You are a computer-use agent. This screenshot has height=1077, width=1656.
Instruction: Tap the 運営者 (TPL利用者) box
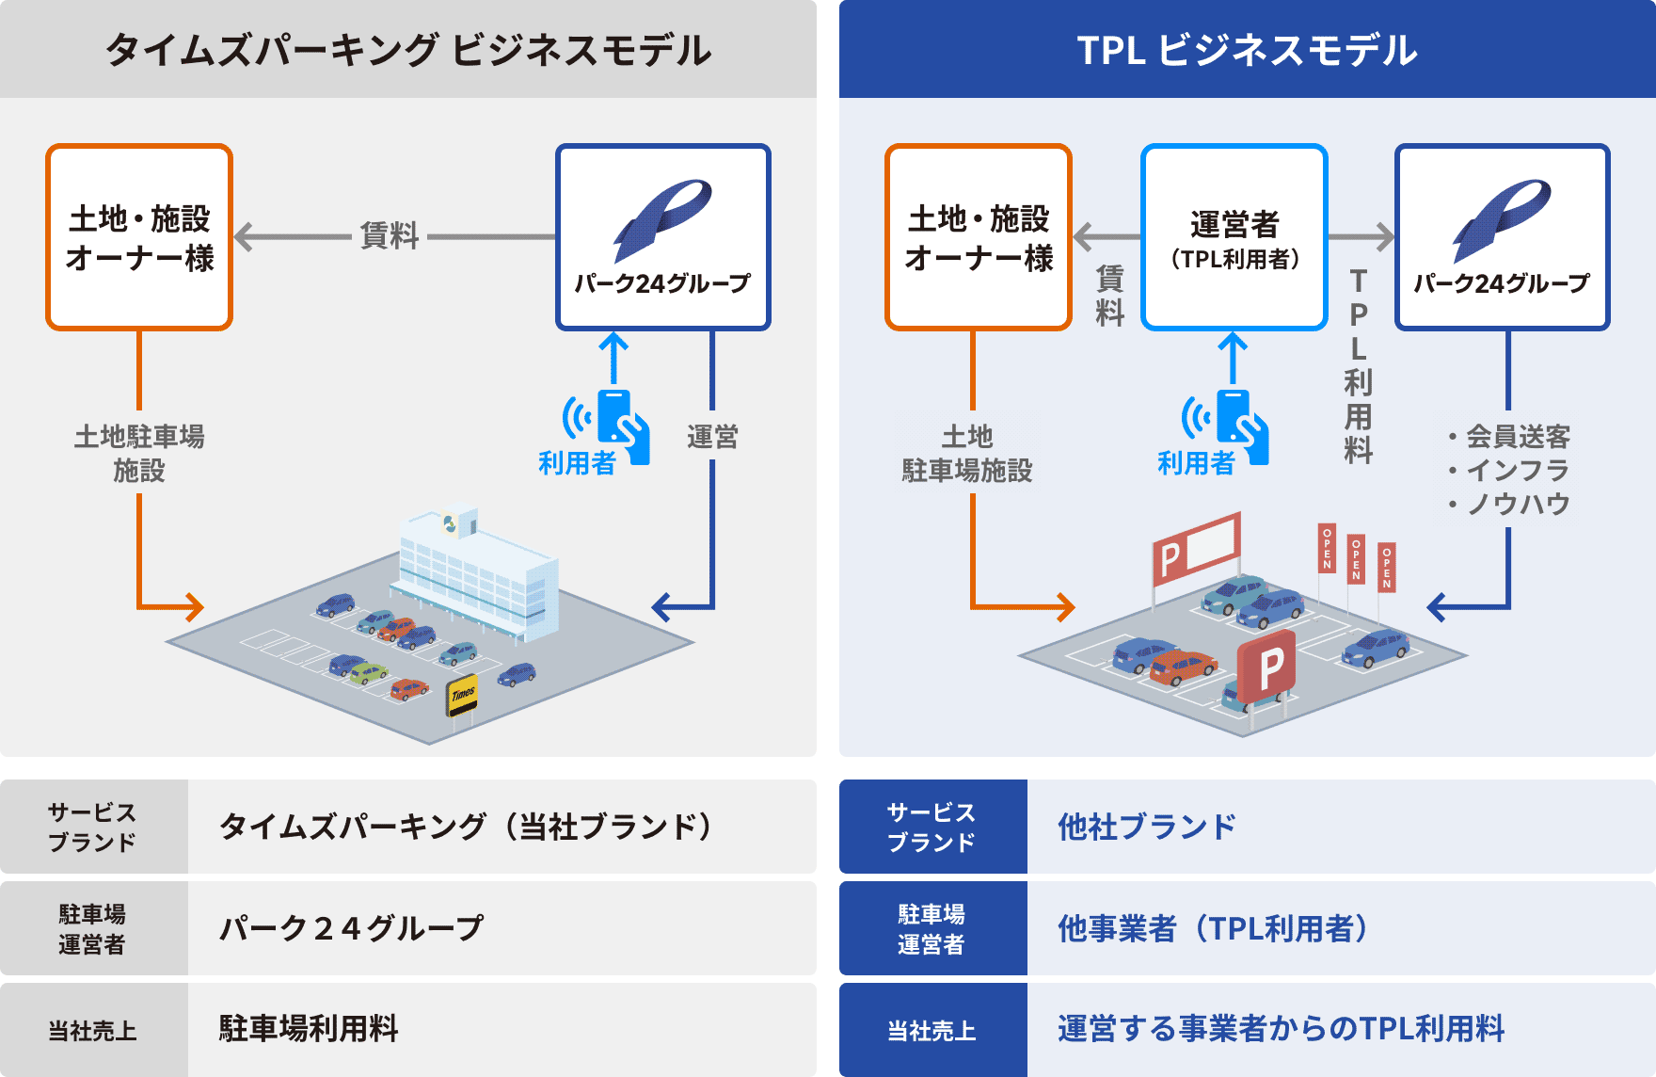tap(1234, 237)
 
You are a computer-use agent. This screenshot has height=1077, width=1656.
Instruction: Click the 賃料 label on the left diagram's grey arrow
tap(390, 235)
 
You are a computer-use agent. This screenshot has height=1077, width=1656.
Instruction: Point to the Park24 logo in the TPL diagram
tap(1502, 219)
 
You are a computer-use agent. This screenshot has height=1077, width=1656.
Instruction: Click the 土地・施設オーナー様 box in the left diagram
tap(139, 237)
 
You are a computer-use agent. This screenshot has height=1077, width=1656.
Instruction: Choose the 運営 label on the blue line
tap(712, 437)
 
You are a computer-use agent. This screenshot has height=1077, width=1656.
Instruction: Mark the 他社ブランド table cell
tap(1146, 827)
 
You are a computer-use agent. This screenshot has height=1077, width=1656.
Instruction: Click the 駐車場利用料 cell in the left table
tap(309, 1029)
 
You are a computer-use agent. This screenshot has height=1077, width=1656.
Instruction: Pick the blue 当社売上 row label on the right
tap(932, 1030)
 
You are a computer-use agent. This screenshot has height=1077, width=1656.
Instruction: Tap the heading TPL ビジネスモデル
tap(1247, 50)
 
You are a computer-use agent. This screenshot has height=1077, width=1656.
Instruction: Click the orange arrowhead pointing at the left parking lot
tap(194, 607)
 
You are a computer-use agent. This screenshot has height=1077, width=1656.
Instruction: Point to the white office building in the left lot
tap(475, 574)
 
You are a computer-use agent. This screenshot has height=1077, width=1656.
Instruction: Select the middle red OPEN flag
tap(1356, 559)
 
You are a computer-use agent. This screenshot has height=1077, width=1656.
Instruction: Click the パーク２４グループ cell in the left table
tap(351, 928)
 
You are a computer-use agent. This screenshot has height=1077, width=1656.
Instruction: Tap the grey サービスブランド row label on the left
tap(93, 827)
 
